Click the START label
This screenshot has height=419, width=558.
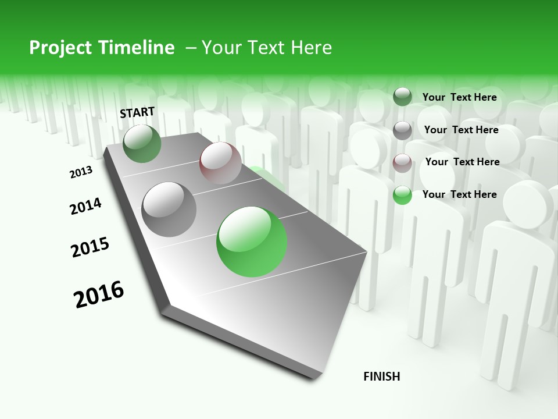(x=137, y=112)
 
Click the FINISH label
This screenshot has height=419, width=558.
(x=381, y=377)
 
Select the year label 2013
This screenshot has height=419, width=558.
(x=81, y=172)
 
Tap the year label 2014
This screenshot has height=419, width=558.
(x=85, y=206)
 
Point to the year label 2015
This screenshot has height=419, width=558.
(x=90, y=247)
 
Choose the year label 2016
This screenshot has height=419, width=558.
(x=99, y=294)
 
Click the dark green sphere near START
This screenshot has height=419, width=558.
(x=142, y=144)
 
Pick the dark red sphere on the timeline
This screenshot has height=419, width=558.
(x=220, y=162)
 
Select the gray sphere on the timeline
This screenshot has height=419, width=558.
(x=169, y=209)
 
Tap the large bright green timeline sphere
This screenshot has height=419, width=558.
(x=252, y=242)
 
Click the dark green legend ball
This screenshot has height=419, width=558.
(x=402, y=97)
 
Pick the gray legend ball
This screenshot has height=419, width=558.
(x=402, y=130)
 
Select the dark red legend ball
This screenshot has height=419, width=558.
(x=402, y=163)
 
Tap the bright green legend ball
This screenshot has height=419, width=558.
(x=402, y=195)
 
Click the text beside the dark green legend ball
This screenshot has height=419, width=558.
(x=459, y=97)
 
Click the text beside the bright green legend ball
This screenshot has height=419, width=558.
(x=459, y=194)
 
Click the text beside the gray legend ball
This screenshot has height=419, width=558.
(x=461, y=130)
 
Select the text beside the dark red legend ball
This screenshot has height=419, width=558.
(x=462, y=162)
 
